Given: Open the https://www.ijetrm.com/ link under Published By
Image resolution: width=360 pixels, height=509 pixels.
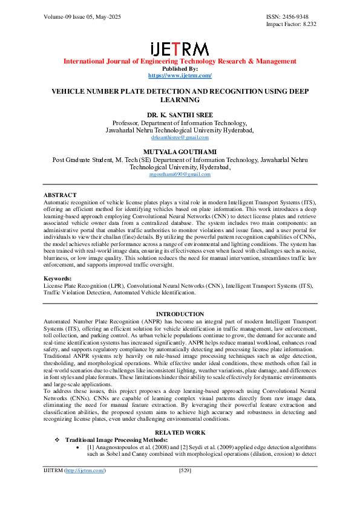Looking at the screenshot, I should (180, 76).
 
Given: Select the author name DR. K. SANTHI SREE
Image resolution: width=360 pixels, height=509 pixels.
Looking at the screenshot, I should (180, 114).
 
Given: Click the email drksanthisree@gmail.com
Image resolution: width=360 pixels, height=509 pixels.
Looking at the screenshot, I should (180, 137).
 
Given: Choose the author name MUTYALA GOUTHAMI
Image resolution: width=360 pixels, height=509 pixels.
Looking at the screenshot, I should (180, 152).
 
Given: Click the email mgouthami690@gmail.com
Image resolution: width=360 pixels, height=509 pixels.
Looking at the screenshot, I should (180, 174).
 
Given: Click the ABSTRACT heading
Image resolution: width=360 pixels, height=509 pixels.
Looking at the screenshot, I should (61, 195).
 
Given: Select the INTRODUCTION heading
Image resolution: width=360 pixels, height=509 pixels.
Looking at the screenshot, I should (180, 314).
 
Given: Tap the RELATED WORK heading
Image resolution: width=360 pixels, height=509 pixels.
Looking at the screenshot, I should (180, 432).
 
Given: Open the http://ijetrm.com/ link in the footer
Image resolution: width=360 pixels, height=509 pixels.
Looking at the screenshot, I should (85, 487).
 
